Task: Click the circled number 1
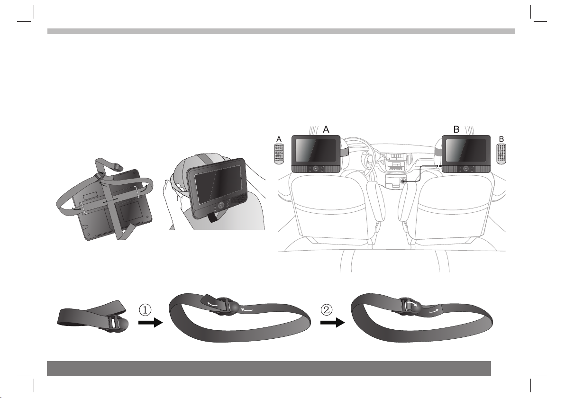tap(145, 310)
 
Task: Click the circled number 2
tap(327, 310)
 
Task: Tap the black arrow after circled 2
tap(332, 323)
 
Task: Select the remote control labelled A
tap(279, 154)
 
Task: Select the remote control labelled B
tap(501, 154)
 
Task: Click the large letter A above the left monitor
tap(326, 129)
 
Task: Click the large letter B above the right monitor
tap(456, 129)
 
